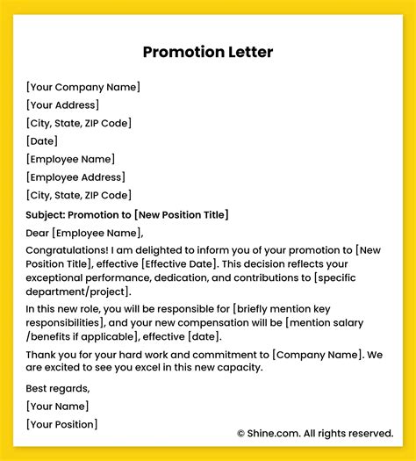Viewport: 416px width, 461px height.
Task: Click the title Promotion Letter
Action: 208,52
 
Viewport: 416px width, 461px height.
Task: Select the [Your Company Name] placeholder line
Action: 83,87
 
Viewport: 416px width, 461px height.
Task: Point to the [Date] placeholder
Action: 42,140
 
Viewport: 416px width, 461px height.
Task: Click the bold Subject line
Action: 128,214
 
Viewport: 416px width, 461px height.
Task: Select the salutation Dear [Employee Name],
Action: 84,233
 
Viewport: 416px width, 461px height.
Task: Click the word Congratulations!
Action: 67,252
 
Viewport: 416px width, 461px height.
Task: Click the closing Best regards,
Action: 59,387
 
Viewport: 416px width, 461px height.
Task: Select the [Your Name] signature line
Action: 58,406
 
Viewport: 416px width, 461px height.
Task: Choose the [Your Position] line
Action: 62,424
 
